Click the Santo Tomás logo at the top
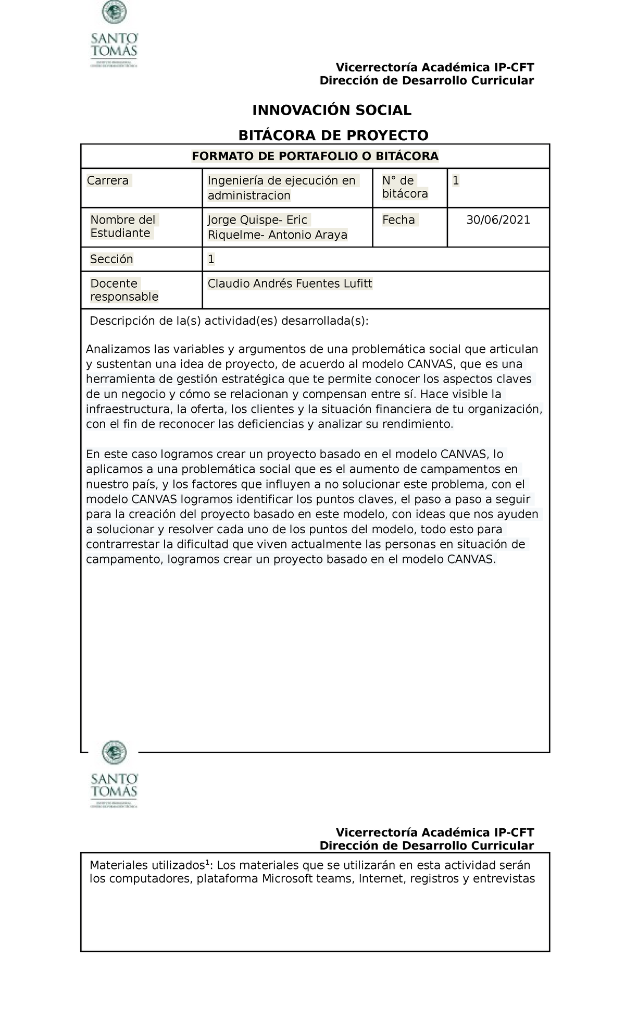coord(114,35)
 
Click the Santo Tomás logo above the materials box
coord(114,775)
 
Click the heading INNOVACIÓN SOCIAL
coord(332,111)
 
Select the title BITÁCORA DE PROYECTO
coord(333,136)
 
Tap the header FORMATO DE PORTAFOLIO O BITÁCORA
coord(315,156)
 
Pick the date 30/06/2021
coord(498,220)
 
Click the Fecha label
coord(398,220)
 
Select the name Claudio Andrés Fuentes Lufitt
coord(290,284)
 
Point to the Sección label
coord(111,259)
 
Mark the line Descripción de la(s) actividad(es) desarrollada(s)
coord(229,321)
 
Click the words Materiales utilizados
coord(145,866)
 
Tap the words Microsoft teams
coord(305,879)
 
